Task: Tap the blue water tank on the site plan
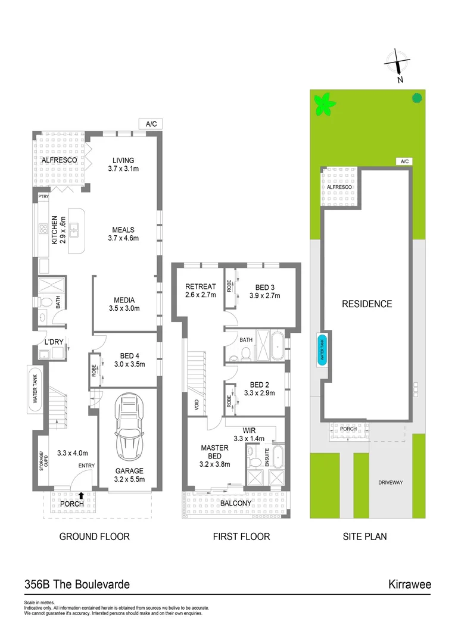click(323, 349)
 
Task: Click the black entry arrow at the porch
click(81, 494)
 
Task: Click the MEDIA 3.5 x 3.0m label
click(124, 304)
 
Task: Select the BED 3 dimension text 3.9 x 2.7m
click(264, 295)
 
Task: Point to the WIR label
click(249, 430)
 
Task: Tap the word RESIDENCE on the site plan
click(366, 304)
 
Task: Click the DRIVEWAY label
click(390, 482)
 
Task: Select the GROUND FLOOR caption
click(94, 536)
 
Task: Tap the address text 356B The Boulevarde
click(77, 585)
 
